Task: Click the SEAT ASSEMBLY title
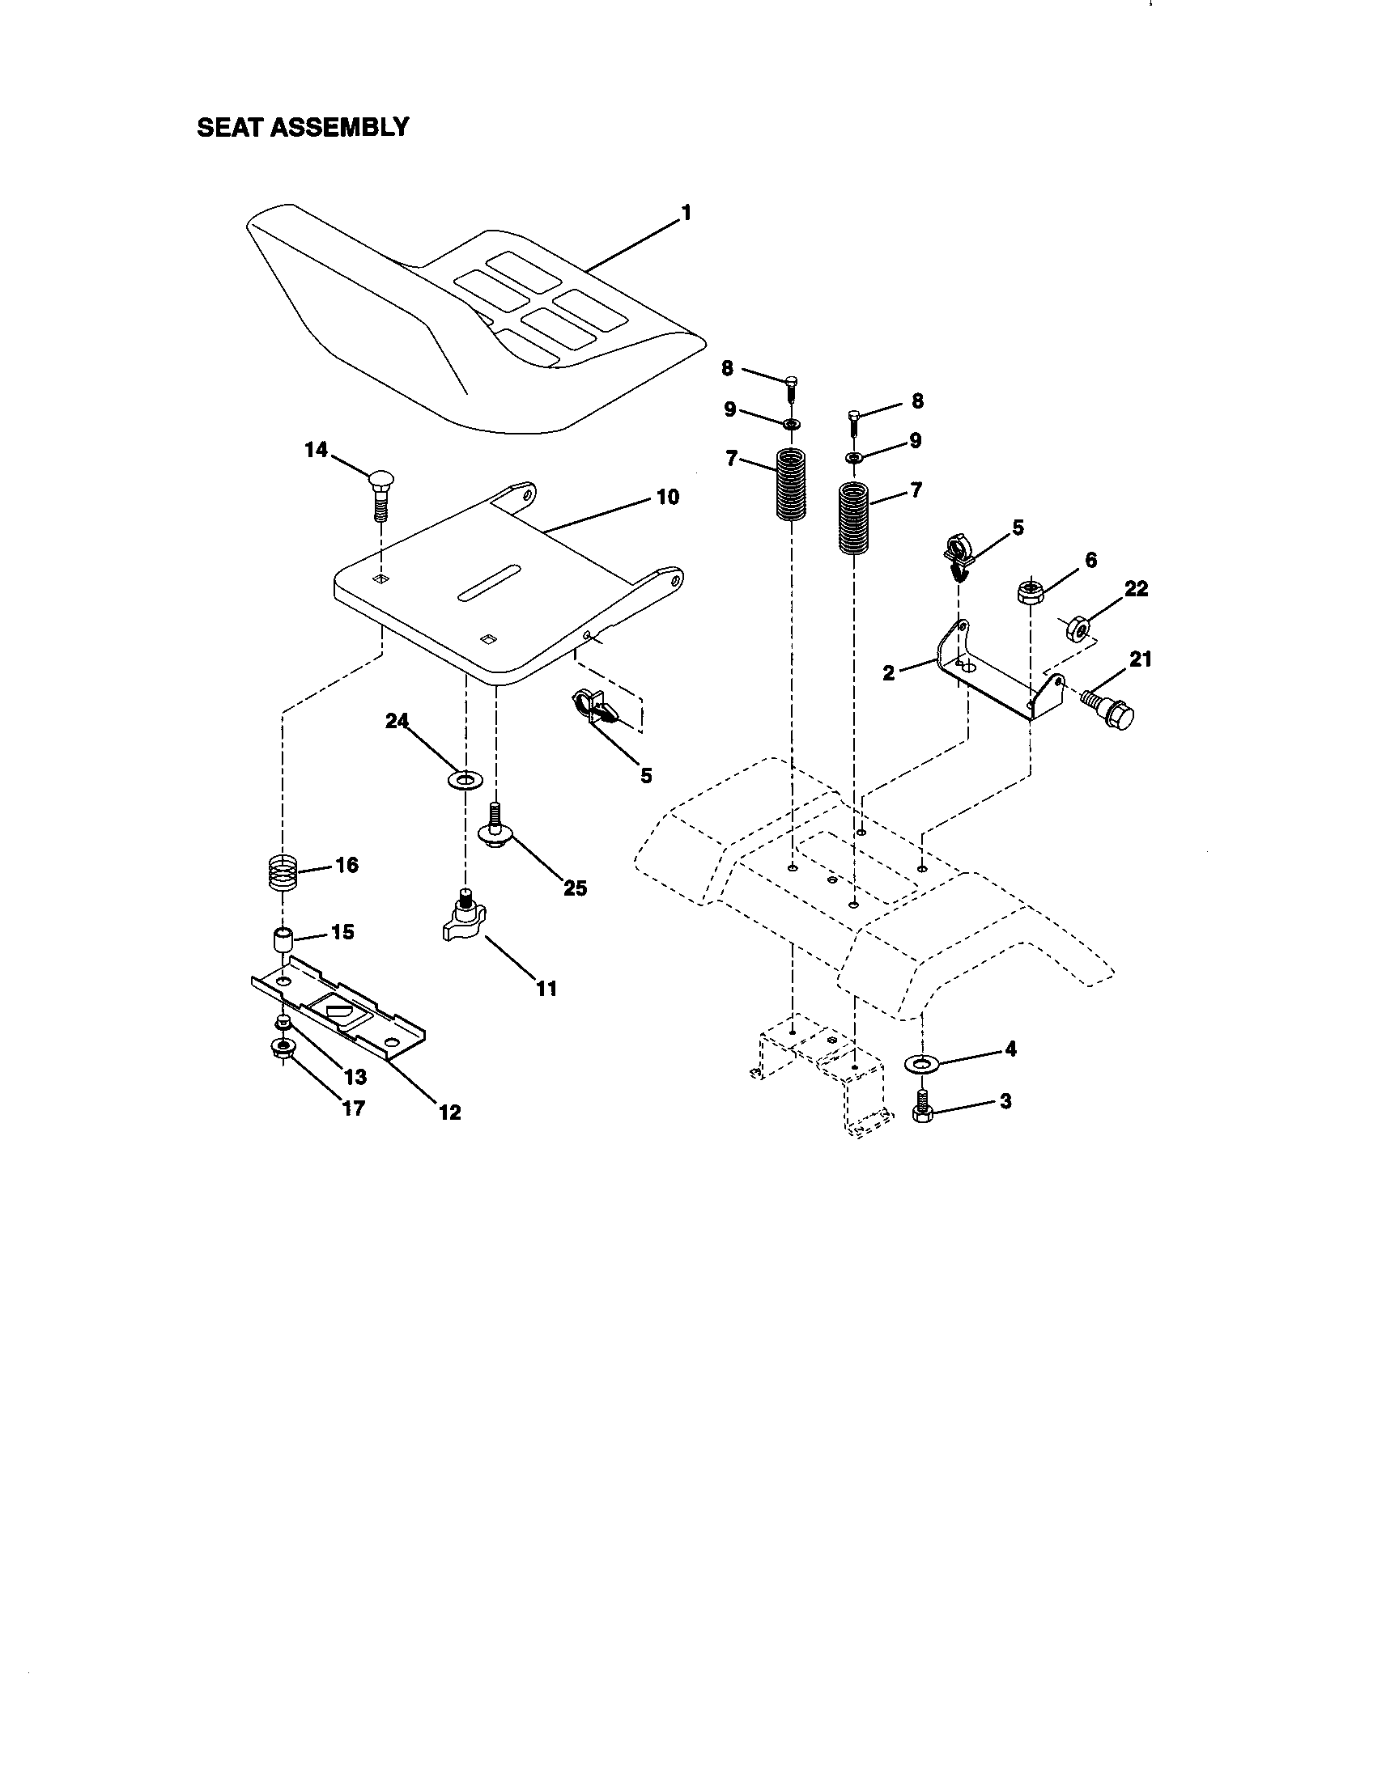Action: (303, 127)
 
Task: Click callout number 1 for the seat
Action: (686, 214)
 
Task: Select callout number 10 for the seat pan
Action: (667, 497)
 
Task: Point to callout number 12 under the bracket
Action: (449, 1112)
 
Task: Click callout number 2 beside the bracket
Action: (889, 672)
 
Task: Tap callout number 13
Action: (355, 1077)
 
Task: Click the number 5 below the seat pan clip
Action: (646, 775)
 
